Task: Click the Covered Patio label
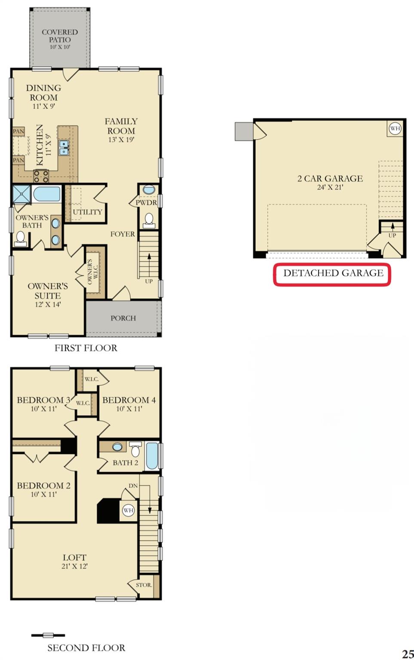[x=59, y=36]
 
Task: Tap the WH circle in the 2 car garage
[x=395, y=128]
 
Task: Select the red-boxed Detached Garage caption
[x=333, y=273]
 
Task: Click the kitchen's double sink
[x=64, y=147]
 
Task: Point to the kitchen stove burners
[x=41, y=176]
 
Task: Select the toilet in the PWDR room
[x=149, y=220]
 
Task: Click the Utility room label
[x=87, y=212]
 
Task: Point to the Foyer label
[x=123, y=234]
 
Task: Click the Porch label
[x=123, y=318]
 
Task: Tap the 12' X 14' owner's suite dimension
[x=48, y=305]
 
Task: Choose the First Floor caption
[x=86, y=348]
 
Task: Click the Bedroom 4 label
[x=129, y=400]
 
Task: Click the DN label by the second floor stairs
[x=133, y=486]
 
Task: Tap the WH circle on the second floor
[x=128, y=510]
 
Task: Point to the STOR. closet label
[x=144, y=585]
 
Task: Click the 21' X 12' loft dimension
[x=74, y=566]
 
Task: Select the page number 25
[x=408, y=654]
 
